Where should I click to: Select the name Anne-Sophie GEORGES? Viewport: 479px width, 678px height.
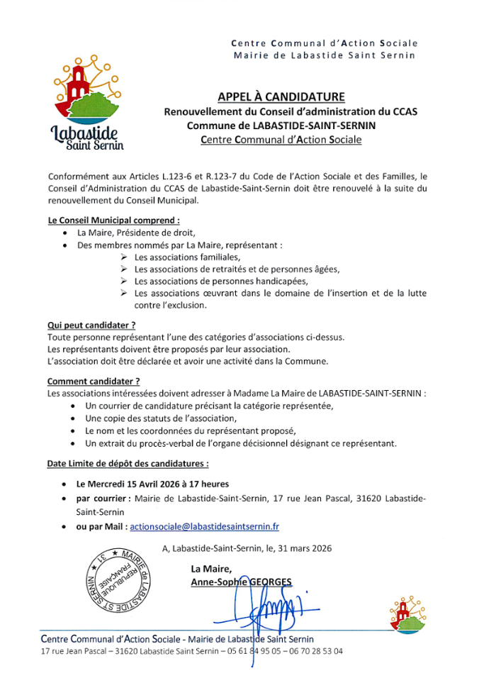[241, 582]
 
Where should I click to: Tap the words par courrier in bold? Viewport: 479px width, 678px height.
[103, 499]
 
